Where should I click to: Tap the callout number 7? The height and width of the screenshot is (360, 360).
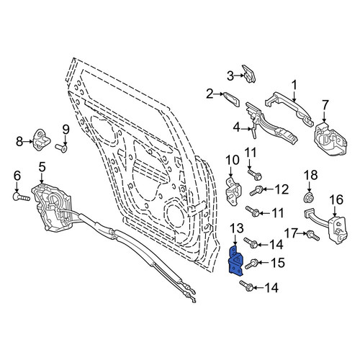325,106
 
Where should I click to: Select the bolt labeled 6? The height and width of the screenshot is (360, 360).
21,197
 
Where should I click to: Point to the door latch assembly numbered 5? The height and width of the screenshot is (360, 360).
52,207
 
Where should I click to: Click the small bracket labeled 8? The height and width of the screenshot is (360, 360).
42,140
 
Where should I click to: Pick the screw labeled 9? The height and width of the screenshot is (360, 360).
61,148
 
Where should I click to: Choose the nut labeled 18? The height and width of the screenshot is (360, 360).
309,197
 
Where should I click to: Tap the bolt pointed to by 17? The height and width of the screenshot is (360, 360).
313,235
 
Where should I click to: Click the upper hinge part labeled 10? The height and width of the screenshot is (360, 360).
234,192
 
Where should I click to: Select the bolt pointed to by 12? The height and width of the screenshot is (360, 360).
257,191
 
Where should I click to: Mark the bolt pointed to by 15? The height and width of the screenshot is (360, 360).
251,264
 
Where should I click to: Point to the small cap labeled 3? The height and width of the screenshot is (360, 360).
248,74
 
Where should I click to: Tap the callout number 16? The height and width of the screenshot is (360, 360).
336,200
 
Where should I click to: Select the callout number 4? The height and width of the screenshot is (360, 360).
237,127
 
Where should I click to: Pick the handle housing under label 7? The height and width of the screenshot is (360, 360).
330,140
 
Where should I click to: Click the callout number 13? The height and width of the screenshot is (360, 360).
237,228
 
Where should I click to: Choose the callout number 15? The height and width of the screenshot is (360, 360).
277,263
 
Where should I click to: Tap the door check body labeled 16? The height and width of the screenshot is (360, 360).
338,230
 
